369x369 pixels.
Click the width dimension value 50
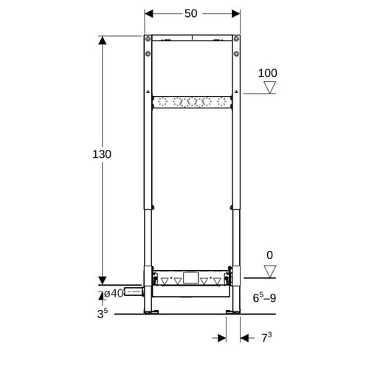coord(191,13)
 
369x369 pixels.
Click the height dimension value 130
coord(102,154)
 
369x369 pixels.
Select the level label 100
coord(268,73)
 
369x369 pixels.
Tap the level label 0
coord(269,255)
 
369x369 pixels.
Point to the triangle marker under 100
coord(270,87)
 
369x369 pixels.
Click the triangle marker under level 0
coord(270,272)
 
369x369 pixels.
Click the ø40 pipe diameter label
coord(114,293)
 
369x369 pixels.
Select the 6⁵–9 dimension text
coord(264,297)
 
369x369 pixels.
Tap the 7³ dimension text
coord(266,337)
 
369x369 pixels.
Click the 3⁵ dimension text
coord(103,313)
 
